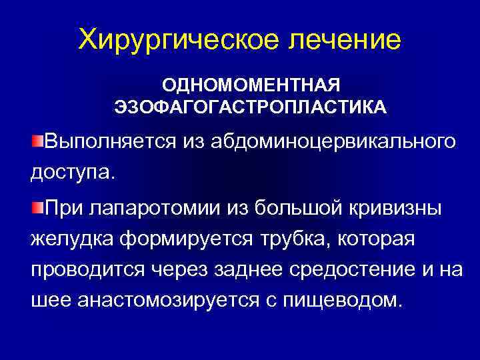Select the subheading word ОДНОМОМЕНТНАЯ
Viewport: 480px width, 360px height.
[251, 86]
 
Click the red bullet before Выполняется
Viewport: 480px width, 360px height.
[37, 141]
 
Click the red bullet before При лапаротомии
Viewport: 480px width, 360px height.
[37, 207]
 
